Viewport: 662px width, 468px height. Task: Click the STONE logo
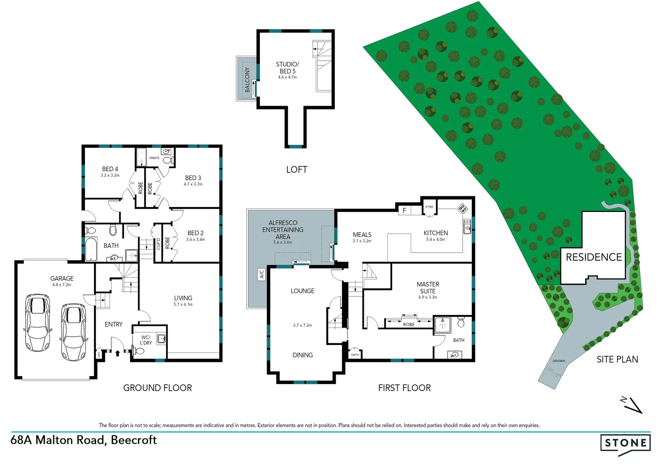point(625,443)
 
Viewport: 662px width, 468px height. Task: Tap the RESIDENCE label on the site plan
point(594,257)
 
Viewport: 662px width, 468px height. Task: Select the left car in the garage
point(37,322)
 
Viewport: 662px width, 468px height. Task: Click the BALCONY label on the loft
point(247,79)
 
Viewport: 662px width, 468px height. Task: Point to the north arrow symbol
point(632,405)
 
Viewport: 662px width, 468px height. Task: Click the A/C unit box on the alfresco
point(262,274)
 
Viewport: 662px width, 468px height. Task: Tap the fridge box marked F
point(404,210)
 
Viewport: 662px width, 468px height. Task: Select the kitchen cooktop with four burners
point(463,208)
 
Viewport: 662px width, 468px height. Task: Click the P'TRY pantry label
point(429,207)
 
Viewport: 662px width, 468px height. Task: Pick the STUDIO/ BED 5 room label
point(287,68)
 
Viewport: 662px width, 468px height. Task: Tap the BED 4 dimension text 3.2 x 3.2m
point(110,175)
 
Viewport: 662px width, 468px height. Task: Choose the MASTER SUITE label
point(428,288)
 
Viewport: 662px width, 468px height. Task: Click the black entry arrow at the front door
point(117,353)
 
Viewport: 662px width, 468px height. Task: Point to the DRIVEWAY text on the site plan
point(559,361)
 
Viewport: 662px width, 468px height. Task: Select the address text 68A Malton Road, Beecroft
point(84,440)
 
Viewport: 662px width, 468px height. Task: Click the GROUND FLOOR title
point(157,388)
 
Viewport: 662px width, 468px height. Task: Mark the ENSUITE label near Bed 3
point(154,158)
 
